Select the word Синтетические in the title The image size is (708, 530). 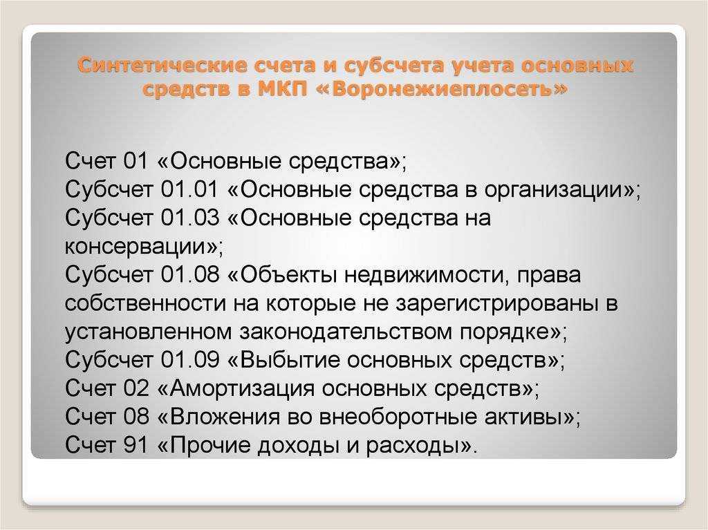tap(162, 66)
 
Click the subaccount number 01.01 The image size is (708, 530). tap(189, 189)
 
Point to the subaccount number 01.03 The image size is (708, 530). tap(189, 218)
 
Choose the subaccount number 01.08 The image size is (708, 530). tap(189, 274)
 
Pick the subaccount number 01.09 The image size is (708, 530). tap(189, 360)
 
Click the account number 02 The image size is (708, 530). tap(136, 388)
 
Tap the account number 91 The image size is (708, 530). tap(136, 445)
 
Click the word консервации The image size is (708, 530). tap(136, 247)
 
